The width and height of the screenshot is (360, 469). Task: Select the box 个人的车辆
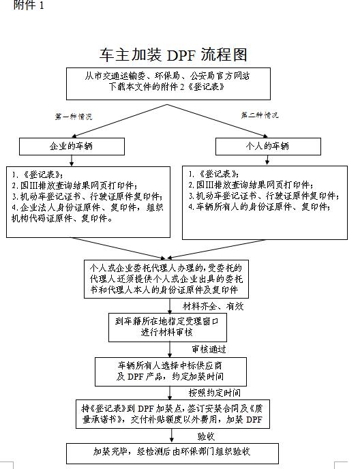tap(267, 146)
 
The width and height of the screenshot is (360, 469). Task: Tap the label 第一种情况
tap(73, 117)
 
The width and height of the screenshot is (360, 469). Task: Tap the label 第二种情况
tap(260, 115)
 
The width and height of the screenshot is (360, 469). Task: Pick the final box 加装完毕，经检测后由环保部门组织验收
tap(172, 452)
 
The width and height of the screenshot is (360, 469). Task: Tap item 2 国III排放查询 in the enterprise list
tap(75, 185)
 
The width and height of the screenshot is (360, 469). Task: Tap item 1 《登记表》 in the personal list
tap(211, 174)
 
